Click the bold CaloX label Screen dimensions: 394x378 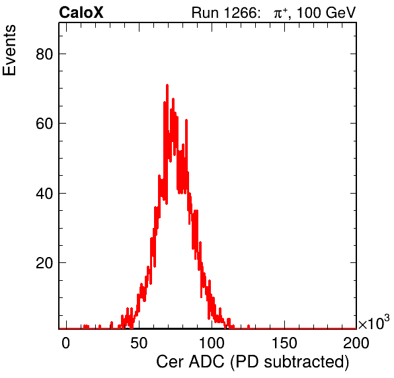click(x=81, y=13)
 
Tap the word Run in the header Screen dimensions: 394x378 click(x=205, y=13)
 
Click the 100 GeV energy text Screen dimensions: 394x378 click(x=326, y=13)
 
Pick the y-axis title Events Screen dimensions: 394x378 click(x=9, y=50)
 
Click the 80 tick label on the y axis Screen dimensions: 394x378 click(x=44, y=54)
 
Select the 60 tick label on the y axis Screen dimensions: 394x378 click(x=44, y=124)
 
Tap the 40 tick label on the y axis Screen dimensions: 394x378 click(x=44, y=194)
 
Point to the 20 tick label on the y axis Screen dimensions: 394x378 click(x=44, y=263)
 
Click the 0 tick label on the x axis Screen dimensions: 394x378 click(x=66, y=342)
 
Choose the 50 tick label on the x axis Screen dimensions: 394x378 click(x=139, y=342)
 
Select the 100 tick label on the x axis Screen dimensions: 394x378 click(x=212, y=342)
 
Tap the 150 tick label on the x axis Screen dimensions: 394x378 click(x=284, y=342)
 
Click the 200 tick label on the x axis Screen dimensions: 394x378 click(x=356, y=342)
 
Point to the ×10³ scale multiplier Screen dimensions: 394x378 click(x=374, y=322)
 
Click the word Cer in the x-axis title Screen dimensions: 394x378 click(x=170, y=361)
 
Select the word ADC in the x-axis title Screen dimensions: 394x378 click(x=206, y=361)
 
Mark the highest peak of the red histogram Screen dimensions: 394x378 click(x=167, y=85)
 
